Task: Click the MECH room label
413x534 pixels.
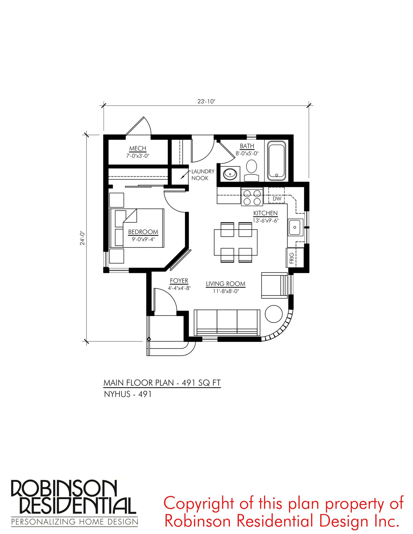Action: (138, 148)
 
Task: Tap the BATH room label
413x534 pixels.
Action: (247, 146)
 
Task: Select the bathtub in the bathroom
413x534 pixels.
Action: (276, 160)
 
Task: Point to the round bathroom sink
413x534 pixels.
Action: (230, 174)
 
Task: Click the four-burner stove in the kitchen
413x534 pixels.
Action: (252, 197)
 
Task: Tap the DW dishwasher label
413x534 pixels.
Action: (277, 199)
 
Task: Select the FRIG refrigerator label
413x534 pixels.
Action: (292, 258)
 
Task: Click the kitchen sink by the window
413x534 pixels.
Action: (295, 227)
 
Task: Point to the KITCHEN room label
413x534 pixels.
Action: (265, 213)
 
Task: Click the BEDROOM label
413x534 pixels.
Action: (143, 232)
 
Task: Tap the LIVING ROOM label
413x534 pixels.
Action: (226, 284)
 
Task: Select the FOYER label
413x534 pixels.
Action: (179, 281)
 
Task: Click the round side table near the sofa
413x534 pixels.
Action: (274, 314)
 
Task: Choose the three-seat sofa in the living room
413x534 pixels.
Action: (227, 323)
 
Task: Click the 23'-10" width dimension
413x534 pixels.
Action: (206, 101)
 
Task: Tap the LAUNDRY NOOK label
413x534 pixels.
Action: (203, 175)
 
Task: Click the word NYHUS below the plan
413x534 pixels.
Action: (117, 394)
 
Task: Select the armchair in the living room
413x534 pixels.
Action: (274, 285)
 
